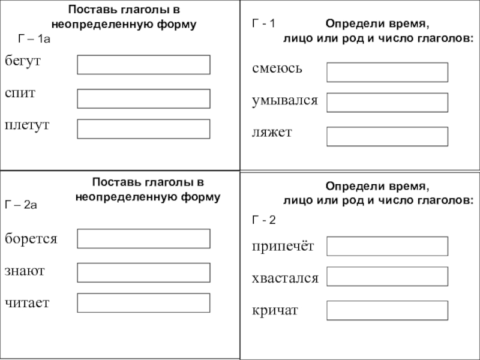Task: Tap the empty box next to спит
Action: pyautogui.click(x=143, y=98)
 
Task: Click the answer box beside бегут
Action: pyautogui.click(x=143, y=65)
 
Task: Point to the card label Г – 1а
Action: pyautogui.click(x=34, y=39)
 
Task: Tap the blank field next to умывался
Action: pyautogui.click(x=387, y=103)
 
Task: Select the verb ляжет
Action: pyautogui.click(x=272, y=131)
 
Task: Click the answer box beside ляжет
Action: pyautogui.click(x=387, y=136)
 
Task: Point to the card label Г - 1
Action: pyautogui.click(x=262, y=24)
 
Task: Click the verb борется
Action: pyautogui.click(x=31, y=239)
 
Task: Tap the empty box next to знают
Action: pyautogui.click(x=143, y=272)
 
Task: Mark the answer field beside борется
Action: pyautogui.click(x=143, y=238)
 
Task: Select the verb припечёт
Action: pyautogui.click(x=283, y=245)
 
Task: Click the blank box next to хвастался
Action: pyautogui.click(x=387, y=277)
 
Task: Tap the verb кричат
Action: pyautogui.click(x=275, y=311)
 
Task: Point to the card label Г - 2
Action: pyautogui.click(x=263, y=220)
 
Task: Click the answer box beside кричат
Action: pyautogui.click(x=387, y=310)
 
